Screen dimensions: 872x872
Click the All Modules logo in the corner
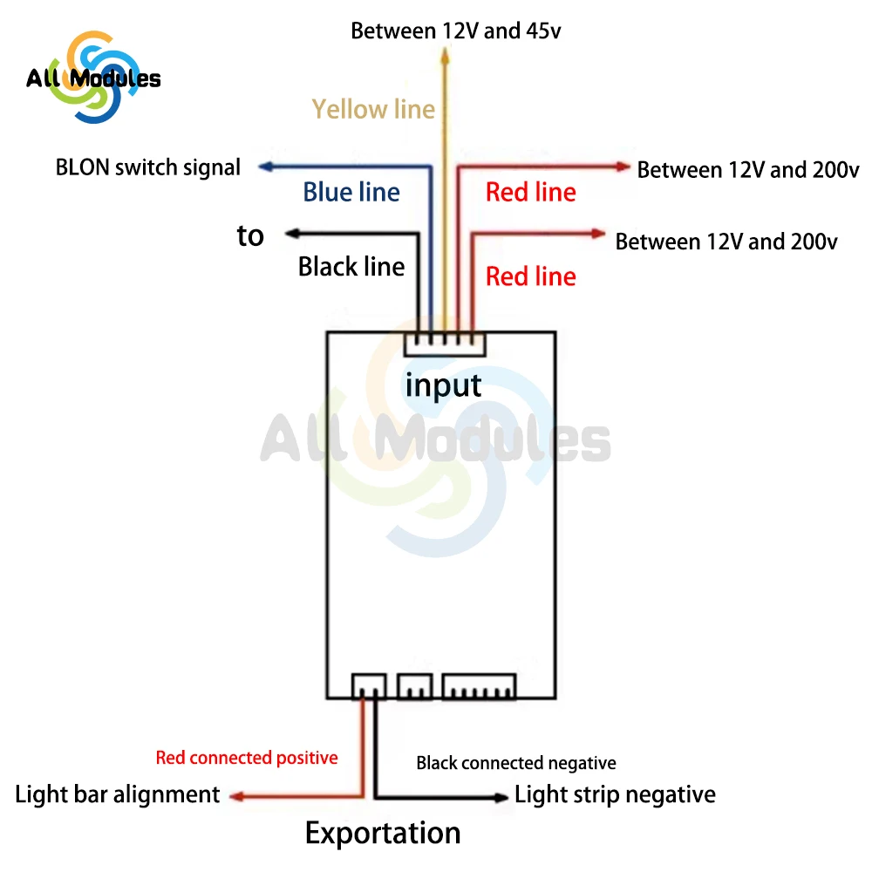tap(92, 77)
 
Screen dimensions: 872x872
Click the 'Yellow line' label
tap(373, 109)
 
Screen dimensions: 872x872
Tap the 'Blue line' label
tap(351, 192)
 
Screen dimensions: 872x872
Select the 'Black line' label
tap(351, 266)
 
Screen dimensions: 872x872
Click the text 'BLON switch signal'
tap(148, 167)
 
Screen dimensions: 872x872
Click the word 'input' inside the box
tap(443, 385)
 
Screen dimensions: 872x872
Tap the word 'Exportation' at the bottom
tap(383, 834)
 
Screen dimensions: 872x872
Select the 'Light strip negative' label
tap(615, 794)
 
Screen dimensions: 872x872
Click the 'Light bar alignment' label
tap(118, 794)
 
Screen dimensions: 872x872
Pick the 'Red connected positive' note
tap(247, 758)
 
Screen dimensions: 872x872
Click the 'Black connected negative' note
tap(516, 763)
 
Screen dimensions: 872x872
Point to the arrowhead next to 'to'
tap(292, 233)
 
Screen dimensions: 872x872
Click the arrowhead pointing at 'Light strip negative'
tap(501, 797)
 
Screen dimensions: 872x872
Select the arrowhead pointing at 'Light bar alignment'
tap(236, 795)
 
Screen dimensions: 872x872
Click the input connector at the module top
tap(445, 344)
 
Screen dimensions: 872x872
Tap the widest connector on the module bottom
tap(479, 686)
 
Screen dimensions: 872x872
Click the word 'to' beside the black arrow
tap(250, 236)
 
